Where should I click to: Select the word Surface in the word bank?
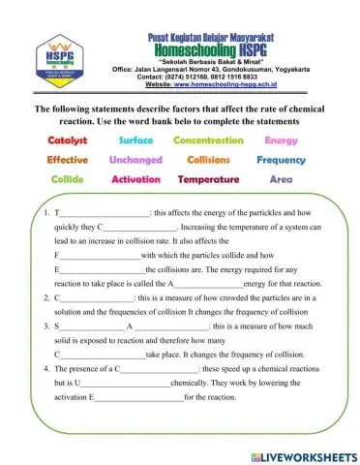click(135, 140)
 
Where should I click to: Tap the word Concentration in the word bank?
click(208, 140)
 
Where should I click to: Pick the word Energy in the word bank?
click(281, 140)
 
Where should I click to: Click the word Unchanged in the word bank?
click(136, 160)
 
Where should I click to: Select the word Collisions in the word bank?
click(208, 160)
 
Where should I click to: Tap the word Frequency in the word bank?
click(281, 160)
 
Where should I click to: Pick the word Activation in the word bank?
click(136, 179)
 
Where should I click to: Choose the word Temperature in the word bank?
click(208, 179)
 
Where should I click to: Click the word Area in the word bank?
click(281, 179)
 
